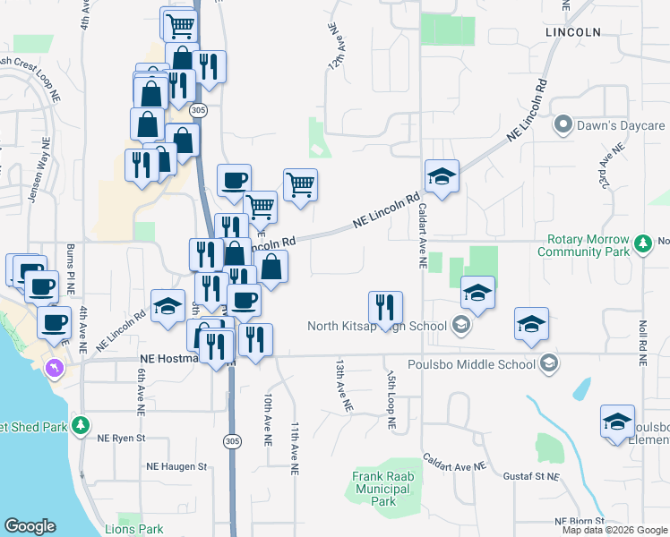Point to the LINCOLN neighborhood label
572,31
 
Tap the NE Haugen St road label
177,466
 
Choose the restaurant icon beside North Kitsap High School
385,307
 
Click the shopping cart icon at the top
180,23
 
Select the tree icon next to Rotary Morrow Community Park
642,243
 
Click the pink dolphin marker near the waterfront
56,368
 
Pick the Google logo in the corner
30,526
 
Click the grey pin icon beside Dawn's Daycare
563,125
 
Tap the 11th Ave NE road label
294,446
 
